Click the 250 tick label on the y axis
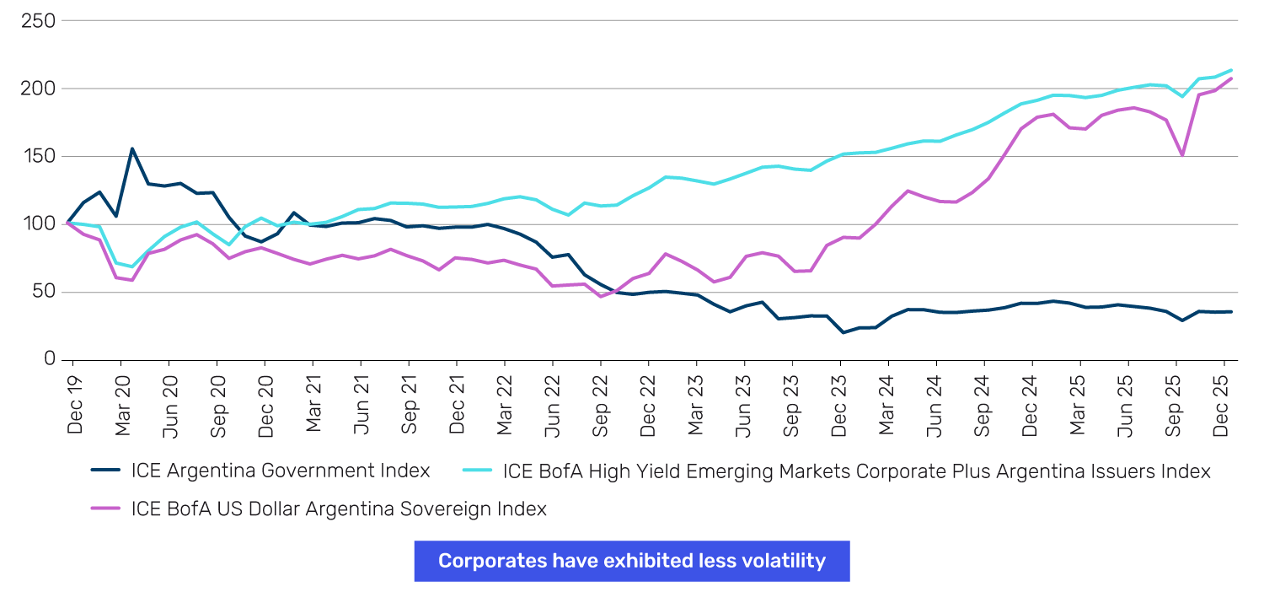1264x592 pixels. click(x=38, y=21)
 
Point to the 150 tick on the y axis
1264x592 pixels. click(x=38, y=157)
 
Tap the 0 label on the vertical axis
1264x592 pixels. click(x=49, y=360)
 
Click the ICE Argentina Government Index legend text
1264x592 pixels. click(x=281, y=471)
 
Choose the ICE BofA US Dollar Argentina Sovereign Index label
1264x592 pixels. click(x=339, y=509)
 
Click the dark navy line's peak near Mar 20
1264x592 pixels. click(x=132, y=149)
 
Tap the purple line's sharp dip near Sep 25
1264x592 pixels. click(x=1182, y=155)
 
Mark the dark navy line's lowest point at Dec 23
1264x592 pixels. click(x=843, y=332)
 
